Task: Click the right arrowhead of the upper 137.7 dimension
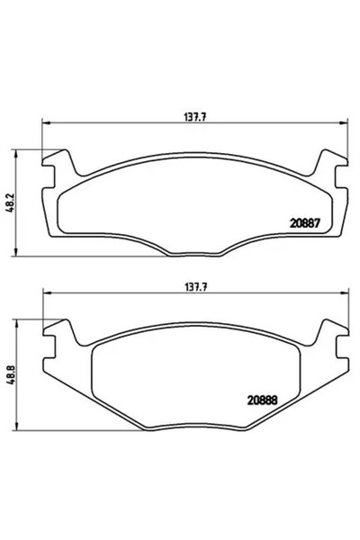(340, 123)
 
